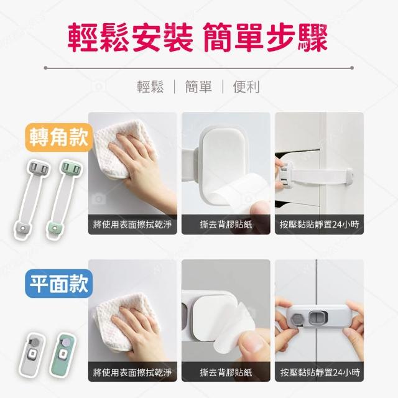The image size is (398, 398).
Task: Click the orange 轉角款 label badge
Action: (x=58, y=137)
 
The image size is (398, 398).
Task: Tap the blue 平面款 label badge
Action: (x=58, y=284)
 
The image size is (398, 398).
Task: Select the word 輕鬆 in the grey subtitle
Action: (x=150, y=86)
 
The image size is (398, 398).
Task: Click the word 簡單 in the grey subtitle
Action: (x=198, y=86)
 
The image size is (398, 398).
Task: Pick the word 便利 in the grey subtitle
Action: (x=246, y=86)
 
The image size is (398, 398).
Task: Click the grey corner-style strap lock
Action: (x=31, y=199)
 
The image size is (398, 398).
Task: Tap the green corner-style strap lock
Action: (x=65, y=199)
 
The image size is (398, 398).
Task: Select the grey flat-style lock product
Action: (x=32, y=354)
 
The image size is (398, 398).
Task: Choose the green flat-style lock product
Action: (x=63, y=354)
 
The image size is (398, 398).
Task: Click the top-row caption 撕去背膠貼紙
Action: (x=226, y=224)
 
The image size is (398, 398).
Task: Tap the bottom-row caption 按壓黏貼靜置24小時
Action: (x=320, y=372)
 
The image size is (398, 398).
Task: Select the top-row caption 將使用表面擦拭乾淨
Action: (x=132, y=224)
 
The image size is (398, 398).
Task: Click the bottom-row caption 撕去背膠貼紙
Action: (x=226, y=372)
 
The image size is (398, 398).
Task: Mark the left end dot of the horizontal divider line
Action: (x=45, y=68)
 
